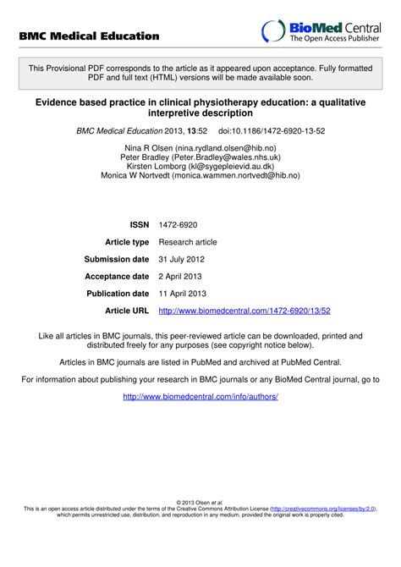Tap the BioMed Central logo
click(x=321, y=31)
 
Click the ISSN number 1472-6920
click(x=177, y=224)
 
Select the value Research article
click(x=188, y=242)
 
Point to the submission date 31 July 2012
click(x=181, y=259)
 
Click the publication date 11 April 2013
click(x=183, y=294)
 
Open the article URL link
click(x=244, y=311)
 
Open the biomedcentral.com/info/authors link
click(x=200, y=396)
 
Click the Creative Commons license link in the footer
click(x=323, y=508)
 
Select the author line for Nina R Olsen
click(x=200, y=147)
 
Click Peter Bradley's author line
click(x=200, y=157)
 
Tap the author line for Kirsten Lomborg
click(x=200, y=166)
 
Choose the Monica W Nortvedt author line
click(x=200, y=175)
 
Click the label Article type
click(x=127, y=242)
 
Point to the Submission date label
click(x=117, y=259)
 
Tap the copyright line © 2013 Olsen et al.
click(x=200, y=502)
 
